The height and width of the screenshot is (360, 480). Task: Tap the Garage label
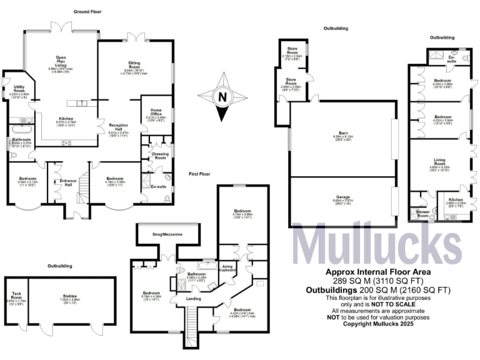(344, 197)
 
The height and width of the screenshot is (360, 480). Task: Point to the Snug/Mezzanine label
(167, 234)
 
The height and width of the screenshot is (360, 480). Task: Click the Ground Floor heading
(88, 12)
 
